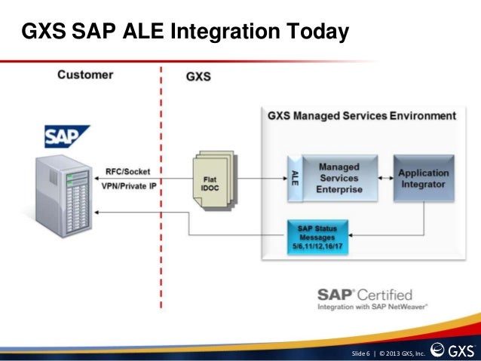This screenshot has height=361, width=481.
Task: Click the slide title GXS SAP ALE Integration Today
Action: tap(185, 32)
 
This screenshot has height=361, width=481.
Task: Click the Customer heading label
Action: tap(85, 75)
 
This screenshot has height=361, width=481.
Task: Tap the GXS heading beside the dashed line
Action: tap(198, 76)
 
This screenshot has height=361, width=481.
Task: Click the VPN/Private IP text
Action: tap(127, 185)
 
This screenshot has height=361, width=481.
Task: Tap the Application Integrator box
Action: tap(423, 178)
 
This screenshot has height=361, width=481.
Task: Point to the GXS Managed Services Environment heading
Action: tap(361, 116)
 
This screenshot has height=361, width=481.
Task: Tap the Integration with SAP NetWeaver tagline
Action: tap(372, 307)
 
